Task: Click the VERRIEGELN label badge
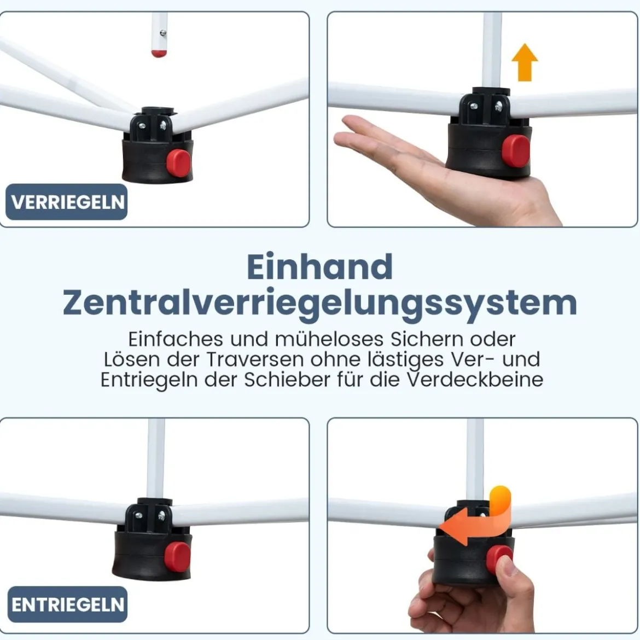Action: tap(66, 202)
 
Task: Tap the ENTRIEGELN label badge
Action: tap(67, 604)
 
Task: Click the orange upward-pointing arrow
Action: tap(525, 62)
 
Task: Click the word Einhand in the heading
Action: tap(320, 267)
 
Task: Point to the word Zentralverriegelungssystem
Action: tap(320, 304)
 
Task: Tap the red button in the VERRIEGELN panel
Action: tap(178, 163)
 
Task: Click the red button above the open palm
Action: tap(516, 151)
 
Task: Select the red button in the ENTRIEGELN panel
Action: tap(178, 557)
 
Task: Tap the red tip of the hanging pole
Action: tap(159, 54)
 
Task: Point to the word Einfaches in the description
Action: tap(176, 339)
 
